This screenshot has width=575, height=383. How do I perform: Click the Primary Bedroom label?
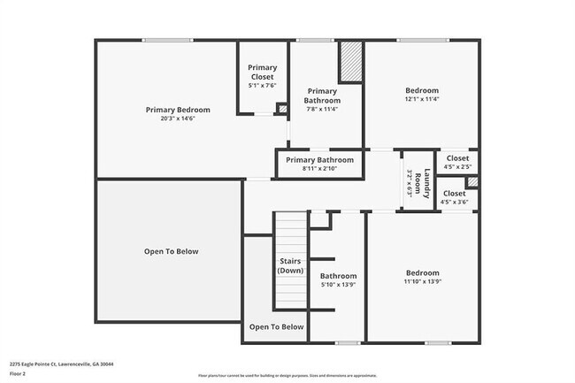pyautogui.click(x=178, y=110)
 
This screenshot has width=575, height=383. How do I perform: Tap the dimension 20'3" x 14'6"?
pyautogui.click(x=178, y=119)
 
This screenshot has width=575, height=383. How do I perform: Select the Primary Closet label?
pyautogui.click(x=262, y=73)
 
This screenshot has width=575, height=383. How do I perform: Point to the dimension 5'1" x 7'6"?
pyautogui.click(x=262, y=86)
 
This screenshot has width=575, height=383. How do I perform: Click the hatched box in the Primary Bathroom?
pyautogui.click(x=351, y=62)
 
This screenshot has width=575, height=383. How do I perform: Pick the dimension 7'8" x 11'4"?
pyautogui.click(x=322, y=111)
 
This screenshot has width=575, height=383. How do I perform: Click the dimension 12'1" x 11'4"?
pyautogui.click(x=421, y=99)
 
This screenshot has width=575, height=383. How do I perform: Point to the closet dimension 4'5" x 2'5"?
pyautogui.click(x=456, y=166)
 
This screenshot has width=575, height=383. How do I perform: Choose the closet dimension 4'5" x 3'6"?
pyautogui.click(x=454, y=203)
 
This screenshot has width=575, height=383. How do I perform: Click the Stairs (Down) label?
pyautogui.click(x=291, y=265)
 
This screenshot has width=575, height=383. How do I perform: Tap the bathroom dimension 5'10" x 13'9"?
pyautogui.click(x=338, y=285)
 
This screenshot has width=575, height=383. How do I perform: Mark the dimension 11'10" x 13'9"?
pyautogui.click(x=421, y=281)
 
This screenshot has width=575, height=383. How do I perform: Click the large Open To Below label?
pyautogui.click(x=171, y=251)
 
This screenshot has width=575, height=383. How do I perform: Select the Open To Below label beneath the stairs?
pyautogui.click(x=276, y=326)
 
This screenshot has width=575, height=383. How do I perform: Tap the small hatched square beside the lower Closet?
pyautogui.click(x=472, y=182)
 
